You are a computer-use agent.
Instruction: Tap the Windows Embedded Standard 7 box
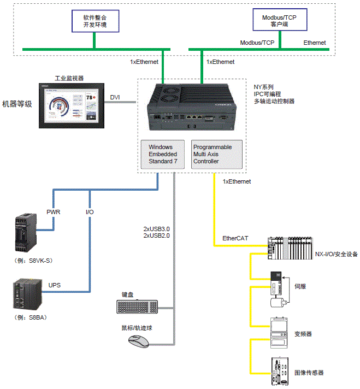click(163, 154)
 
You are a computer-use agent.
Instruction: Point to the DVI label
click(115, 97)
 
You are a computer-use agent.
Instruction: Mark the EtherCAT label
click(235, 239)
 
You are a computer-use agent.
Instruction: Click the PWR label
click(52, 211)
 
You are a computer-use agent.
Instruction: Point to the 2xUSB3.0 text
click(157, 228)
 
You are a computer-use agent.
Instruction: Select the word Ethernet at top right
click(315, 43)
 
